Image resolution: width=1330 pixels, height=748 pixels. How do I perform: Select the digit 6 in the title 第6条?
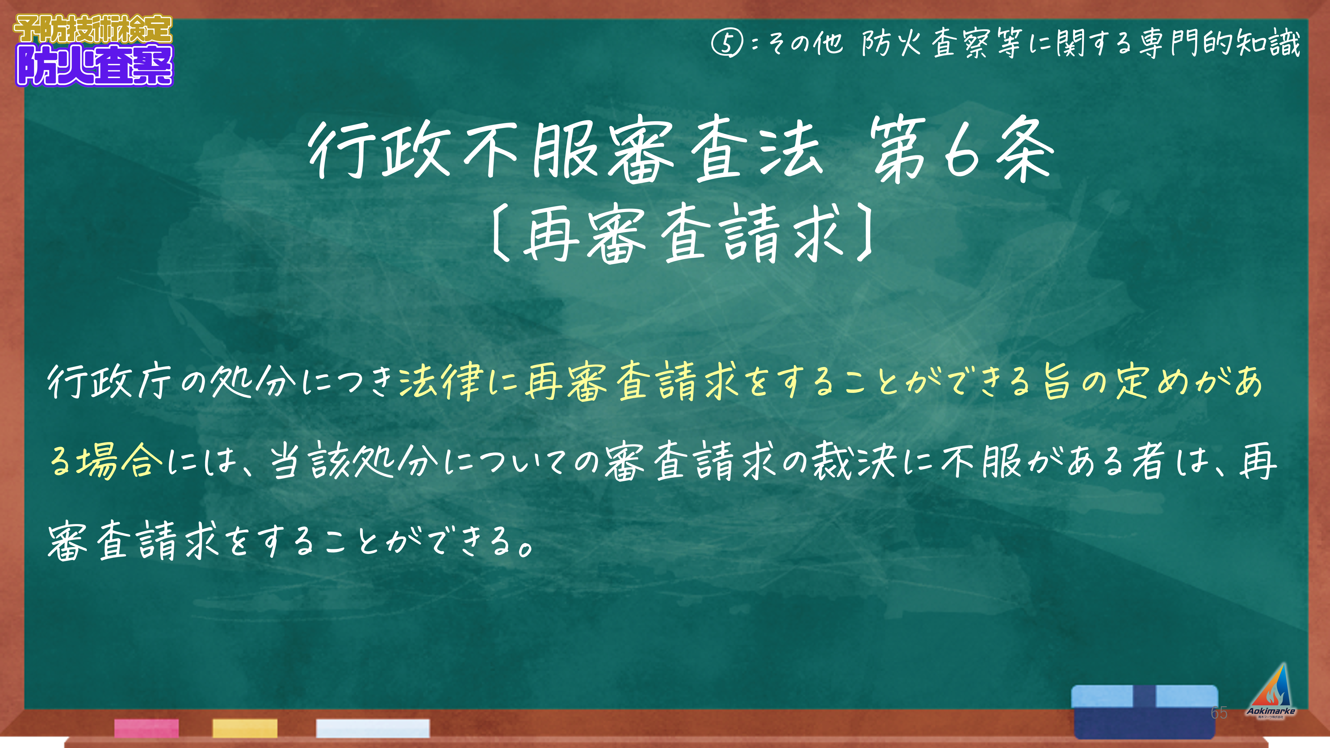pos(961,151)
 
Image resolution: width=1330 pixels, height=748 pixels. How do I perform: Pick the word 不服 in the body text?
pos(981,461)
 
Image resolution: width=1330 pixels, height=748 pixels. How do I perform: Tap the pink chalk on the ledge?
pos(147,728)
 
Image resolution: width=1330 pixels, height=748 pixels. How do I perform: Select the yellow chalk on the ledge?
pos(245,728)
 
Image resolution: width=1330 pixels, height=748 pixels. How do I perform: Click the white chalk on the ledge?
pos(373,728)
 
